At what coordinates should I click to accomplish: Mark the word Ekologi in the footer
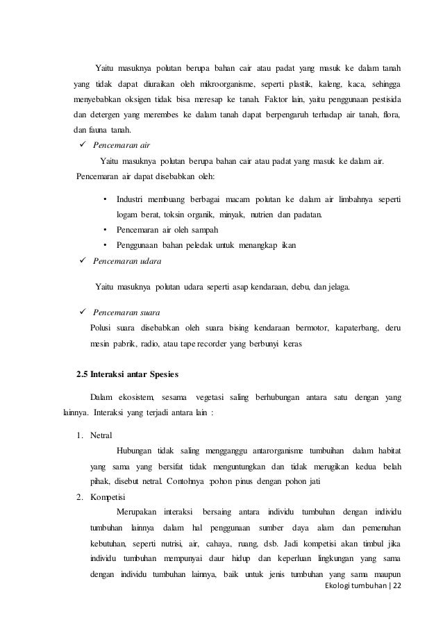coord(349,587)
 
